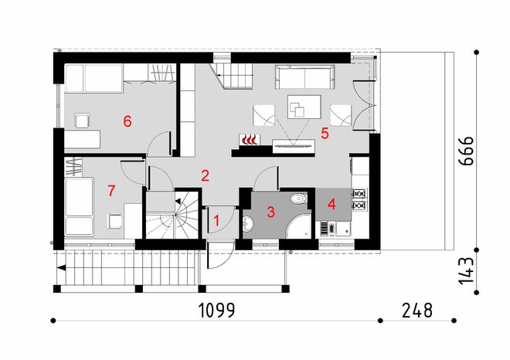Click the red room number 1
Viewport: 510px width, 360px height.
(x=217, y=221)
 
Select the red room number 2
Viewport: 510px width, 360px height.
(x=205, y=175)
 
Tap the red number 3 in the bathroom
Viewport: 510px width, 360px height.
(x=271, y=212)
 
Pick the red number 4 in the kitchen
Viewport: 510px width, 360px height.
(x=331, y=205)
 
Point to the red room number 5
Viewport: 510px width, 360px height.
(x=325, y=134)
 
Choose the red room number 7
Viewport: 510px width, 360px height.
(x=112, y=189)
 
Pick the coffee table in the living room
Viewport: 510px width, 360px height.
(x=302, y=105)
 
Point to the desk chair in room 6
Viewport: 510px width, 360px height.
(x=82, y=119)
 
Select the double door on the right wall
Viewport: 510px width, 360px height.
(x=364, y=104)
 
